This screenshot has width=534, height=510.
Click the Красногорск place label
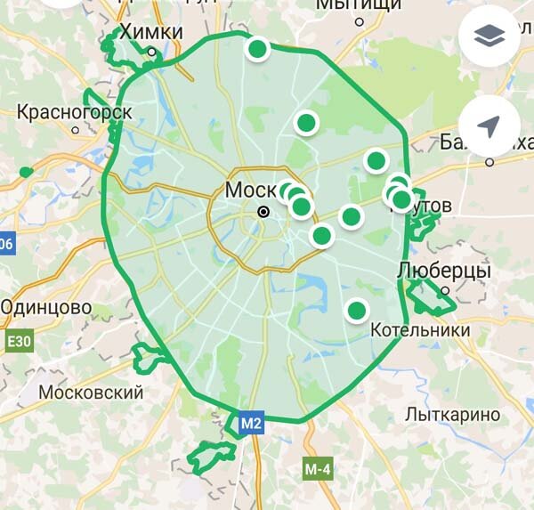[x=75, y=113]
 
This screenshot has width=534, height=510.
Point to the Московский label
[x=92, y=392]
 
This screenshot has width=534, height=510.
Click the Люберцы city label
[x=442, y=270]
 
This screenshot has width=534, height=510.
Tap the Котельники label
[x=420, y=329]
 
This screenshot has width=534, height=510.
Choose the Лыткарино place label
[x=452, y=414]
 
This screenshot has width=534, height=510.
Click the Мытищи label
[x=359, y=6]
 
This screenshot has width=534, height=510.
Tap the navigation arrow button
[x=489, y=126]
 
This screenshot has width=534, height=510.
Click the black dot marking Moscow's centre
[x=263, y=212]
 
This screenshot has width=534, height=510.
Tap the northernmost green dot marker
[x=257, y=49]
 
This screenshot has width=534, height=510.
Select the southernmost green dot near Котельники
[x=356, y=310]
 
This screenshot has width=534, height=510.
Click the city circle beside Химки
[x=152, y=53]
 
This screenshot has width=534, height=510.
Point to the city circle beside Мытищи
[x=360, y=21]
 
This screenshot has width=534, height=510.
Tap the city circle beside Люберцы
[x=444, y=288]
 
